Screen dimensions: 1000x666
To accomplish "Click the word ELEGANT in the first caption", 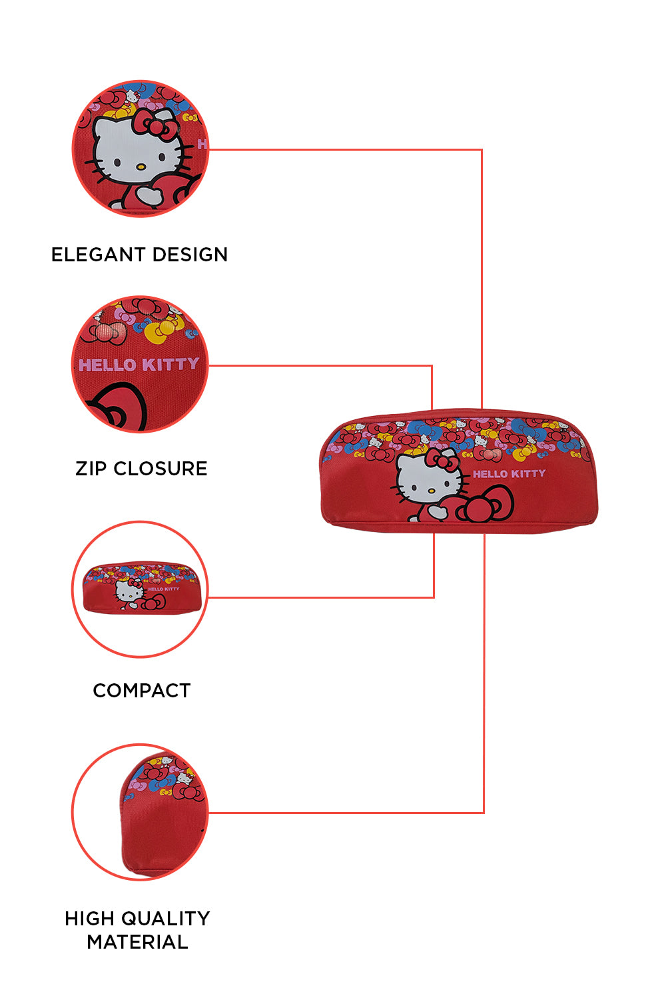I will coord(99,255).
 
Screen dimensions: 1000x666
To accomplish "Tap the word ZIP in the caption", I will coord(91,469).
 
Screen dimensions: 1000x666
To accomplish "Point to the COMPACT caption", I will coord(141,691).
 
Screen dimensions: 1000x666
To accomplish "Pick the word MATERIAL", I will coord(137,942).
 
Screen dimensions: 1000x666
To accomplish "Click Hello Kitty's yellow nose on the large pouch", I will coord(431,491).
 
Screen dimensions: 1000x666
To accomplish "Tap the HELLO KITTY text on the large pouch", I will coord(509,473).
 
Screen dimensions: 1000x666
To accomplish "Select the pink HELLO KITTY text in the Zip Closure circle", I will coord(139,365).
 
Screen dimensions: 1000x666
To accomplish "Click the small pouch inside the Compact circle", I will coord(140,587).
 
